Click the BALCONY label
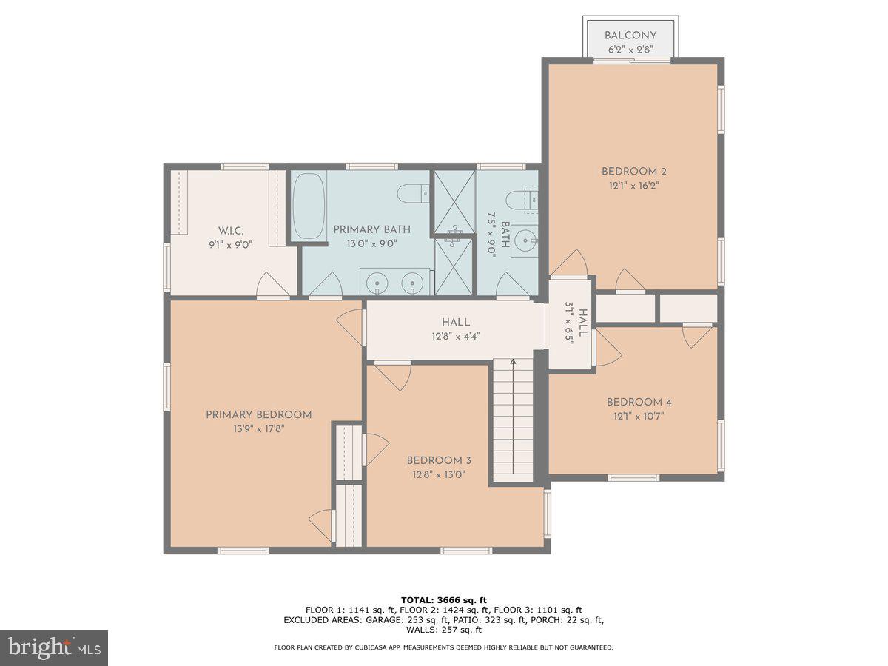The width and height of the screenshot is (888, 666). pos(630,36)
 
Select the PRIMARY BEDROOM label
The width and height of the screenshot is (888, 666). pos(258,415)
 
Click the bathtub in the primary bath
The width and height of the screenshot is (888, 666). pos(307,205)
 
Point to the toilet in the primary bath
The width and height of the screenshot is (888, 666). pos(411,195)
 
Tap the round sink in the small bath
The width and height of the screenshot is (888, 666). pos(525,239)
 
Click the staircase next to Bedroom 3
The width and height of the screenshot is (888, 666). pos(513,422)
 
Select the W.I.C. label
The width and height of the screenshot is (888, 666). pos(229,229)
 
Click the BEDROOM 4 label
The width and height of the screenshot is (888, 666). pos(639,402)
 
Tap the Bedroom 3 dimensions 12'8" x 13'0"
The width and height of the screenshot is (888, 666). pos(439,474)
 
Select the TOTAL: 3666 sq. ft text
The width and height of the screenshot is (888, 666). pos(443,599)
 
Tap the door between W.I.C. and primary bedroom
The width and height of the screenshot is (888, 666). pos(271,286)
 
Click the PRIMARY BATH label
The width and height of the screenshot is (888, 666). pos(371,229)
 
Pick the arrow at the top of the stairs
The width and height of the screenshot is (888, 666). pos(513,362)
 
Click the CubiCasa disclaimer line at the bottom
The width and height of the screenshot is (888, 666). pos(443,647)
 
